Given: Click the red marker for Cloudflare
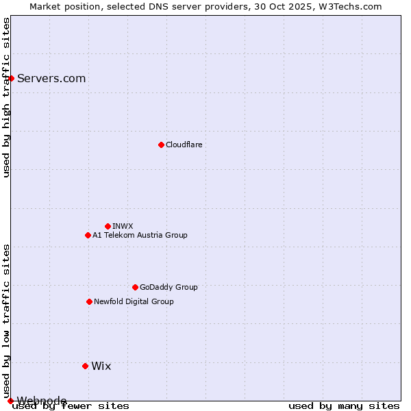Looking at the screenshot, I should (161, 145).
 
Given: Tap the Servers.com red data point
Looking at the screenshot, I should (11, 78).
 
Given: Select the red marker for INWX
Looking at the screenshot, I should (108, 226).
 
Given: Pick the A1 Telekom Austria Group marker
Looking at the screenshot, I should (88, 235).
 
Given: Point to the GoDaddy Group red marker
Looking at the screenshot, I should (135, 287).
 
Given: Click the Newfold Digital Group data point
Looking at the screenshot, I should (89, 301).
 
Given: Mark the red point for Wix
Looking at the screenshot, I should (85, 366).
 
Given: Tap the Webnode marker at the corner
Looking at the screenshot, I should (10, 401).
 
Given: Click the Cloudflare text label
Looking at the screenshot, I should (184, 145).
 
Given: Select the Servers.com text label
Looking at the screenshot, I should (51, 78).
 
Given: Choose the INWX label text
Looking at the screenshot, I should (123, 226).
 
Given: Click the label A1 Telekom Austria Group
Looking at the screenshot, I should (140, 235).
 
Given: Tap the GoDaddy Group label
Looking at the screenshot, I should (169, 287).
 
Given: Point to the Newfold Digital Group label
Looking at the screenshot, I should (134, 301).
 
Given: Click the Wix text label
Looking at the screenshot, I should (101, 366).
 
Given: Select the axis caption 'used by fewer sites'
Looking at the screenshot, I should (71, 406).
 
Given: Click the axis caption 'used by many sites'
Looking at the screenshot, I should (344, 406).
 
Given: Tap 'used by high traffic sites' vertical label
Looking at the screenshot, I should (6, 97).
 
